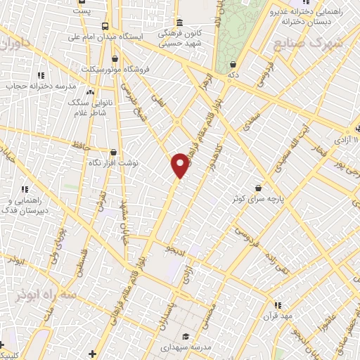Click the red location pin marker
pos(181,165)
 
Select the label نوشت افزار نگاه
pos(112,162)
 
